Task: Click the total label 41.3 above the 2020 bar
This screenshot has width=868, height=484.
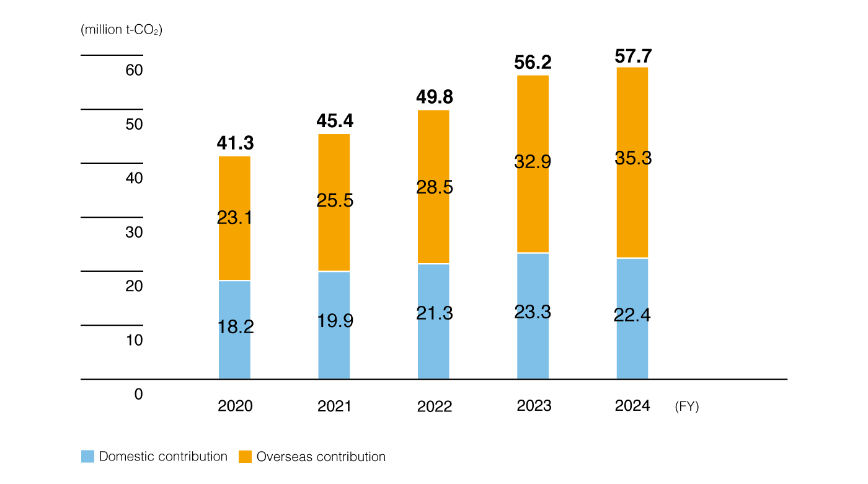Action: pyautogui.click(x=235, y=143)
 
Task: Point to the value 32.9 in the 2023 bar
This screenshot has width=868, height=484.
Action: pyautogui.click(x=533, y=162)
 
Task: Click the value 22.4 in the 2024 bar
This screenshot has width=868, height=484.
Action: pyautogui.click(x=632, y=315)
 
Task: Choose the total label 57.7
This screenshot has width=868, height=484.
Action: pyautogui.click(x=633, y=56)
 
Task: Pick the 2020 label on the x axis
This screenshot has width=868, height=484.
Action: pyautogui.click(x=235, y=406)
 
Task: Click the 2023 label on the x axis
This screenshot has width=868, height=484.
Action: pyautogui.click(x=534, y=406)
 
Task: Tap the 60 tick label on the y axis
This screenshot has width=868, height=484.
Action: pyautogui.click(x=134, y=70)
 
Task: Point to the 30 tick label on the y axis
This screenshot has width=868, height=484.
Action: pyautogui.click(x=134, y=233)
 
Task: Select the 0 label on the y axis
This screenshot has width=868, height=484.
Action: pyautogui.click(x=138, y=395)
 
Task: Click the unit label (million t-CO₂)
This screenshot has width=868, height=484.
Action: pyautogui.click(x=122, y=30)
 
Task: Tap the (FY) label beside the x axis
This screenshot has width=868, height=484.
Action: pyautogui.click(x=686, y=407)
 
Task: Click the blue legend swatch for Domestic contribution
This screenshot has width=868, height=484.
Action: pyautogui.click(x=87, y=457)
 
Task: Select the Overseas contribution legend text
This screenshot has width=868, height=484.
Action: pyautogui.click(x=321, y=457)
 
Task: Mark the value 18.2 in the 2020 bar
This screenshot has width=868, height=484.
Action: pyautogui.click(x=235, y=327)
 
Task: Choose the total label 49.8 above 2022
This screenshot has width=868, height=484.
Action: pyautogui.click(x=433, y=97)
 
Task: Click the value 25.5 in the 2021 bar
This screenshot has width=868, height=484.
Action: pyautogui.click(x=334, y=200)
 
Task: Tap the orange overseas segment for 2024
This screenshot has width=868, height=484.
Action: pyautogui.click(x=632, y=205)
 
